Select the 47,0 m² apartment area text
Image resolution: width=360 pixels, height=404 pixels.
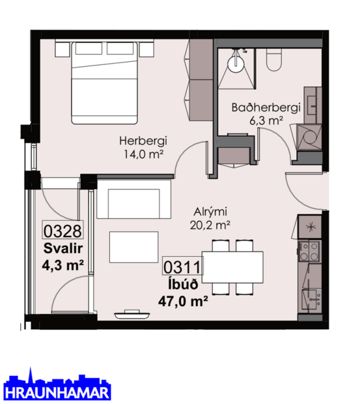click(x=183, y=300)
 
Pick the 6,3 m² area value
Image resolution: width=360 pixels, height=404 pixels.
click(x=257, y=121)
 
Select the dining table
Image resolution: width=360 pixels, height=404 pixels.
click(x=232, y=267)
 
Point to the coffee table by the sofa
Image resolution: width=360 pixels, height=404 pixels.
click(x=133, y=247)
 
